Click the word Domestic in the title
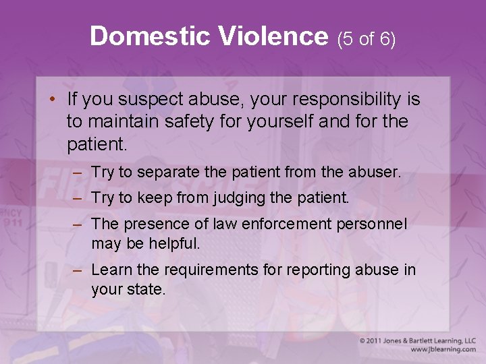pos(135,36)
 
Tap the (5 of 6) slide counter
pos(367,39)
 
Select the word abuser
pos(375,172)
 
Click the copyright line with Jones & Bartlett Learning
pos(417,341)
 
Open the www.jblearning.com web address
pos(442,350)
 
